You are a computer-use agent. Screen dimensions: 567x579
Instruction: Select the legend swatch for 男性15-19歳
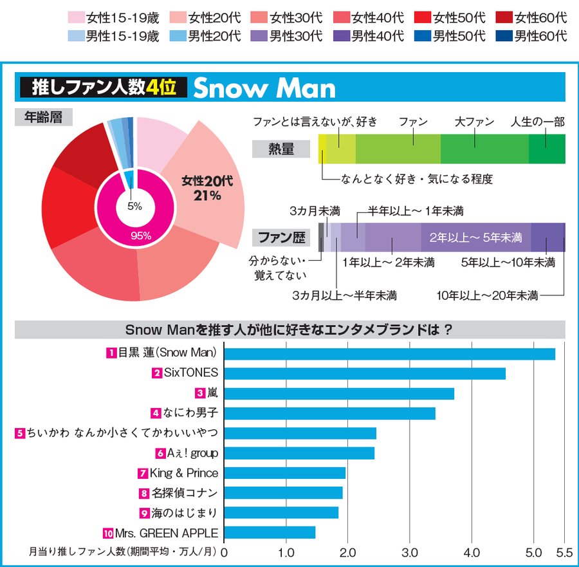tap(75, 36)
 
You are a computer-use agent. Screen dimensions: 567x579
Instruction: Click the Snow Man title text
tap(264, 88)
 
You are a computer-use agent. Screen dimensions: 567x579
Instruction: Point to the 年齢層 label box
tap(44, 116)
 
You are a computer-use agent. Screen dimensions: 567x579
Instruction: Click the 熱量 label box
tap(280, 149)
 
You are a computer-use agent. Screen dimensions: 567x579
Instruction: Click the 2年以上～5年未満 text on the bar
tap(475, 237)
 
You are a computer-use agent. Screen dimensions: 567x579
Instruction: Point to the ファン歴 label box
tap(280, 237)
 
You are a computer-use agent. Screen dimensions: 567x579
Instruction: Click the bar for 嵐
tap(339, 393)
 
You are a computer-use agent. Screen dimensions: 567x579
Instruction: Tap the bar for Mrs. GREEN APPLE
tap(270, 533)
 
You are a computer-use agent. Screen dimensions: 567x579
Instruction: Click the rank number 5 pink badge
tap(20, 433)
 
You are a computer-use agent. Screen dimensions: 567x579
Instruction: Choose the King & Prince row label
tap(183, 473)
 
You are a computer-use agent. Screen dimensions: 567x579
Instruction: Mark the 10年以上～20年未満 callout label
tap(487, 295)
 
